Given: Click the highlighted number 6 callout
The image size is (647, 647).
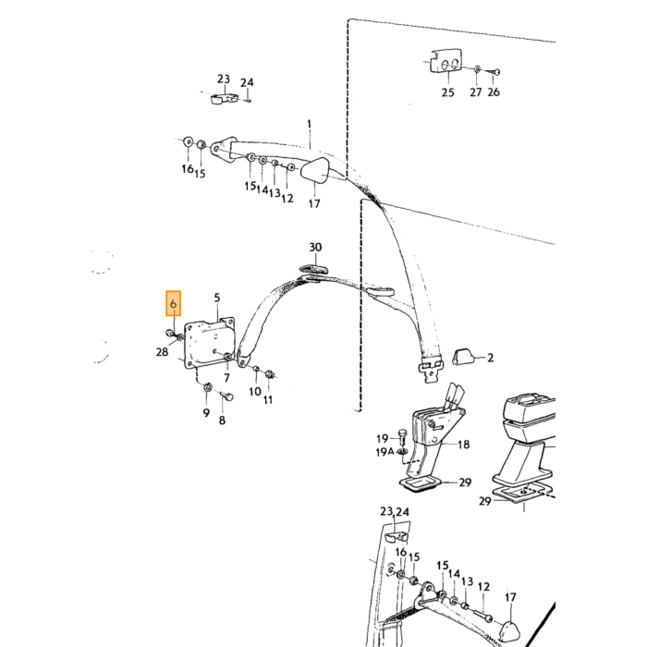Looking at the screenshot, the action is coord(173,304).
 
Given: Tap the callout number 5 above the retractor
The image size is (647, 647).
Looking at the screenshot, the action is coord(217,298).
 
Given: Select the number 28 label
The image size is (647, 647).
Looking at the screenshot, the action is coord(162,352).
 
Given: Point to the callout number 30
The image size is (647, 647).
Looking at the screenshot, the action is coord(315,247).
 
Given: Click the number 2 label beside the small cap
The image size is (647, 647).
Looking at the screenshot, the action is coord(490,358).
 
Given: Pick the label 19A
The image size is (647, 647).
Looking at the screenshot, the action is coord(385,452).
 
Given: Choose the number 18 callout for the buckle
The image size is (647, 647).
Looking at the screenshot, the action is coord(464,445).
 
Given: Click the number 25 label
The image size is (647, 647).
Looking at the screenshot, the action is coord(447,92).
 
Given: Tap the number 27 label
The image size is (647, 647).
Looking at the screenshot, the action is coord(476,92).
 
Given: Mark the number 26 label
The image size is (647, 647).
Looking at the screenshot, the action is coord(494,92).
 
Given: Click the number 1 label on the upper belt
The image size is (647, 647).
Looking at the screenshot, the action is coord(310,124).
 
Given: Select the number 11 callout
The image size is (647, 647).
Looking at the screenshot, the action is coord(268,399).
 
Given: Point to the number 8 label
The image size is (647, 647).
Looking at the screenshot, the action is coord(222,421).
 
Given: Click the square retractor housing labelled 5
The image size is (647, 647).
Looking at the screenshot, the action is coord(210,343).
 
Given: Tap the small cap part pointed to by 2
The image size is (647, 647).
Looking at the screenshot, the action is coord(461,357).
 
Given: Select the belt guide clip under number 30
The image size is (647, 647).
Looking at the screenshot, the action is coord(312,269).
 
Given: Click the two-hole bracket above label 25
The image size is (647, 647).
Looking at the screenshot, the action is coord(446,62).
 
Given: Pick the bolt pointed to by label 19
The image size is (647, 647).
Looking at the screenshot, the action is coord(403,436).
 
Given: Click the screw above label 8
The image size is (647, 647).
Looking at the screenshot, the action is coord(226,397).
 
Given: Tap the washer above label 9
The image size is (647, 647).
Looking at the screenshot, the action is coord(208,387).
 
